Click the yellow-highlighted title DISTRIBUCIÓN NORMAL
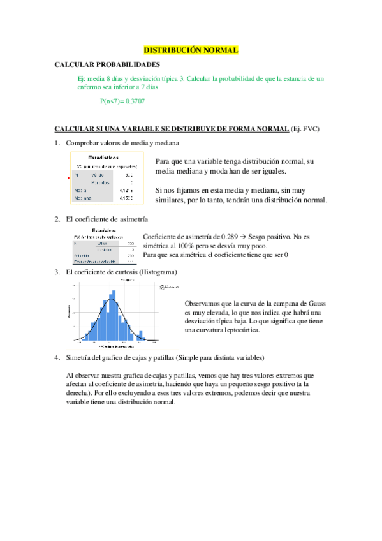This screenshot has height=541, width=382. [x=191, y=49]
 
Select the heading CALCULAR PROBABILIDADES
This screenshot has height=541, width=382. [x=107, y=65]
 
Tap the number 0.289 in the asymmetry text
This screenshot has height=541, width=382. [x=228, y=237]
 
